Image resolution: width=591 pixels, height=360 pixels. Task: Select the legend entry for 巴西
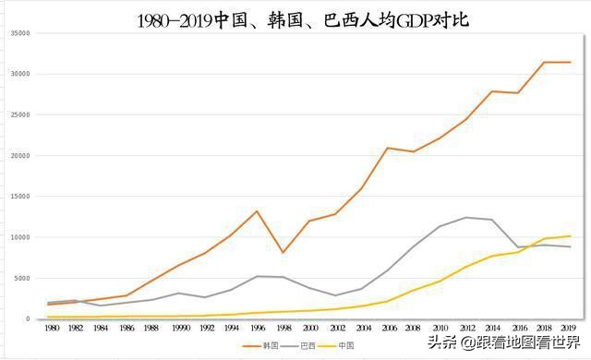[303, 345]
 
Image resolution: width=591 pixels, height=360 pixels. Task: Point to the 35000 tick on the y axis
[19, 32]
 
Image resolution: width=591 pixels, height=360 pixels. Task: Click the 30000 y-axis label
[19, 74]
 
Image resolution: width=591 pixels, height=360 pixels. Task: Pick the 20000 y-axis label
[19, 155]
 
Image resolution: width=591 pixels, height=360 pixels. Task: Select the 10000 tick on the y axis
[19, 237]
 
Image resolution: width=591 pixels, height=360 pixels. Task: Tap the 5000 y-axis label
[21, 278]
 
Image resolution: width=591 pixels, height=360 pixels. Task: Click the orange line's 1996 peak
[258, 211]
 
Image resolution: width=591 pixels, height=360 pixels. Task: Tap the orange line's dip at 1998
[283, 252]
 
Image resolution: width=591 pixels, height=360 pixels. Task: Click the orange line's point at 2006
[389, 148]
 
